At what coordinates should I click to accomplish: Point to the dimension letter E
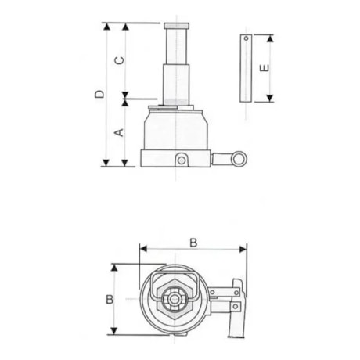click(265, 68)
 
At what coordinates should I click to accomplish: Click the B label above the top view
click(193, 242)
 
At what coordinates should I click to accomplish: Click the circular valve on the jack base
click(182, 160)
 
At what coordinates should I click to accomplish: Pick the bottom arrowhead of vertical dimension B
click(115, 329)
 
